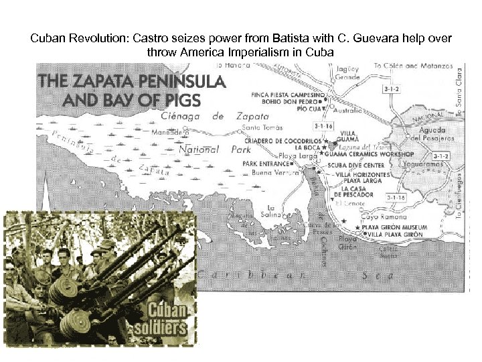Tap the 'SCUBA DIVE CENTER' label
click(365, 165)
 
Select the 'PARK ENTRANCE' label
click(266, 163)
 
